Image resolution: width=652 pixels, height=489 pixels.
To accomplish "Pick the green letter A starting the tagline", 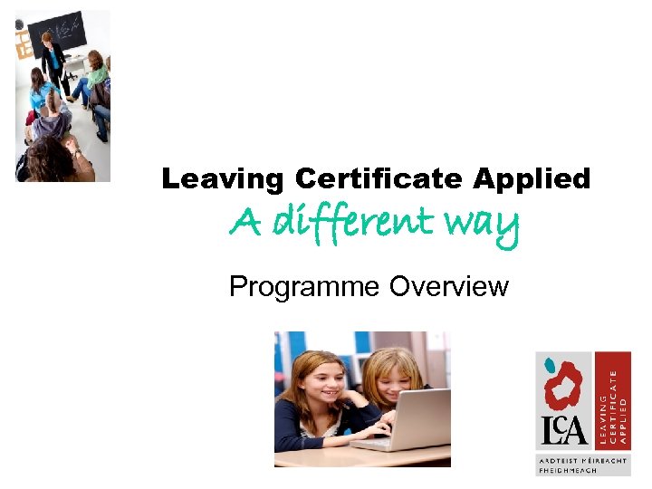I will click(243, 221).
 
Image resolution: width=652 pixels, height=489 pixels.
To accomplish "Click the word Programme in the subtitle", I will click(305, 287).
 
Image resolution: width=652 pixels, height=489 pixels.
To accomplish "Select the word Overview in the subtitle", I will click(449, 287).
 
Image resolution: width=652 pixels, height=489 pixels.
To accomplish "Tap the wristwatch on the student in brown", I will click(75, 154).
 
